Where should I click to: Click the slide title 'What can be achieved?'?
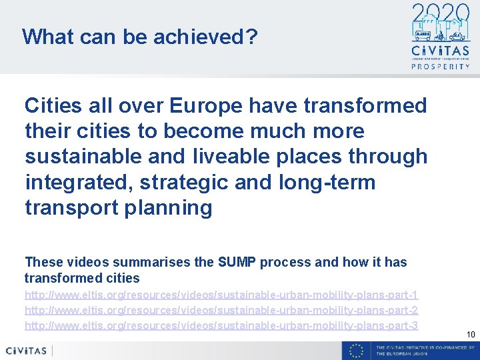139,36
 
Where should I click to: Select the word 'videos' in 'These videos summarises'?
81,262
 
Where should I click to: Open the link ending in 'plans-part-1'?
221,295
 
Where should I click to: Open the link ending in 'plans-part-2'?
221,310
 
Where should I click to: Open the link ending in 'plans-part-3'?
221,325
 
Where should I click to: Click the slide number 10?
471,334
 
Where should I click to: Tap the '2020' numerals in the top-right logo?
441,13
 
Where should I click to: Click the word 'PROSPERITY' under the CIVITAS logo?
441,67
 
